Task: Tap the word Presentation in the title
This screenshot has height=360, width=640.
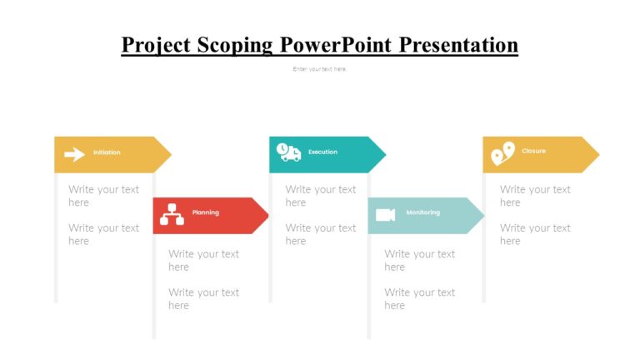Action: pos(458,45)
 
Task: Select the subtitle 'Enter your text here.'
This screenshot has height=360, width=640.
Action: pos(320,69)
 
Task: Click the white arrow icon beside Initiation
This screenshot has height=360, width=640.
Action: pos(74,154)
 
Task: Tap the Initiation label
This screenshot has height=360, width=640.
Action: pos(107,152)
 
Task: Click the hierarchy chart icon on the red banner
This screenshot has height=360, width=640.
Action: pos(172,214)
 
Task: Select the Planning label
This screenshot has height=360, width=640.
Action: pos(206,212)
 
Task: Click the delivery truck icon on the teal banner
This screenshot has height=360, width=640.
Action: pos(289,152)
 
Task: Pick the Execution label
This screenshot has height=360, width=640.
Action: pos(322,152)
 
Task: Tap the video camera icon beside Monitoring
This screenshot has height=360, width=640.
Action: pos(385,215)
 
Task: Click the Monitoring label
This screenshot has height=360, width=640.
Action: pos(422,212)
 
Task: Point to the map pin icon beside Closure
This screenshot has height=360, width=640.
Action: pos(502,153)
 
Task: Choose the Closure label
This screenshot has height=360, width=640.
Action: pos(533,151)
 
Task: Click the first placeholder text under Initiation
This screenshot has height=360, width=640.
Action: pos(103,196)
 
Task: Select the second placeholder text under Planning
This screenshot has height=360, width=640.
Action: pos(203,298)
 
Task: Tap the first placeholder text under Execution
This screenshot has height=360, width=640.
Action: pos(320,196)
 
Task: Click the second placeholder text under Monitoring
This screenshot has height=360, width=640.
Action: pos(419,298)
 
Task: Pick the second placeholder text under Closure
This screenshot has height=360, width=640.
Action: pos(535,234)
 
